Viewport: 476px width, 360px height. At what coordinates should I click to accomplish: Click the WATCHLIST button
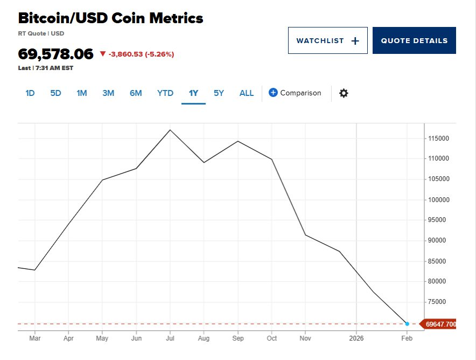327,40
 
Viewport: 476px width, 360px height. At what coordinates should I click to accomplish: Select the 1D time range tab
30,93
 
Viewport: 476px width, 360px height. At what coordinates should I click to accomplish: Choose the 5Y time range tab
219,93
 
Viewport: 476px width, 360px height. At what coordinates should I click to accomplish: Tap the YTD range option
165,93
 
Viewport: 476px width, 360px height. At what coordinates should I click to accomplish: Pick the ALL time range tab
247,93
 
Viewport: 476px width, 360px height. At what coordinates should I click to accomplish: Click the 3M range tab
108,93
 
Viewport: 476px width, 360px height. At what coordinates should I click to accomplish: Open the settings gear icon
344,93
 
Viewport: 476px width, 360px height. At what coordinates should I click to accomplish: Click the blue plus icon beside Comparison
273,93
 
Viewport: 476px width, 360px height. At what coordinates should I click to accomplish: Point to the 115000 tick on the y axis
438,139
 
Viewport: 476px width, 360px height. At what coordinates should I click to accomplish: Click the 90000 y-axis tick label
438,240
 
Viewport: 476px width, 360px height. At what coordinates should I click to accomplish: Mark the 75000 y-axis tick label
438,302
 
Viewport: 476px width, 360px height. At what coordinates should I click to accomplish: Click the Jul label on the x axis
170,338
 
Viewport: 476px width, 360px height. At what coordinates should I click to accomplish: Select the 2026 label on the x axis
356,338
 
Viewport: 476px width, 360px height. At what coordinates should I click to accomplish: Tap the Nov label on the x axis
305,338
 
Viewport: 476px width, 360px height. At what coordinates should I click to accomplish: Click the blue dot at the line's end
407,324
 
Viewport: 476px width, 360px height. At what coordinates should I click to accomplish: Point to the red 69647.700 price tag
439,324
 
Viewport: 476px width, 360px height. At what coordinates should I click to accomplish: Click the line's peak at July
170,130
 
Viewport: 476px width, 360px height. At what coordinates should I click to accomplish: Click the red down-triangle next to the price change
103,54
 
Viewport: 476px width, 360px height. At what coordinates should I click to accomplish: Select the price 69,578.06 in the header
56,54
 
